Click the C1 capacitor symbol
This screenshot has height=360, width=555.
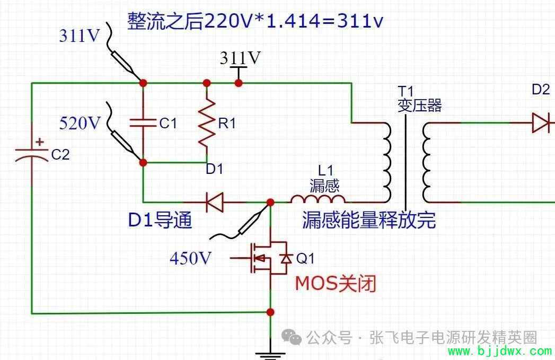143,123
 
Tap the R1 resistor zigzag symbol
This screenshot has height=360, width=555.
207,122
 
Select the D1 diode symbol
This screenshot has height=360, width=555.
215,203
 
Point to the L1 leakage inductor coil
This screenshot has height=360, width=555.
318,199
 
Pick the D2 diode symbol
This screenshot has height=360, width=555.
541,123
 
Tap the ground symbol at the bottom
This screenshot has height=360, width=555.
270,355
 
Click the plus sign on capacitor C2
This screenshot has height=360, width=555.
40,142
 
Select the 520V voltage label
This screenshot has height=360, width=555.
80,123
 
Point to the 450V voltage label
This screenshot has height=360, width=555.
190,258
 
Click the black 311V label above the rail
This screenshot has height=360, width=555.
240,58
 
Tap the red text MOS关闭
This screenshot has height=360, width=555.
335,284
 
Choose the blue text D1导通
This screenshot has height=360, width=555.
160,220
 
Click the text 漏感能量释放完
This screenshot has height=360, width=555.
369,220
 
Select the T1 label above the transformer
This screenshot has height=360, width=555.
406,91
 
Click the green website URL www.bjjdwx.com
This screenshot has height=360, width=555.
500,351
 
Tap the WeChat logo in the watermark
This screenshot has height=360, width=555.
292,337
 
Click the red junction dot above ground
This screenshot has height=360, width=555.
270,312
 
